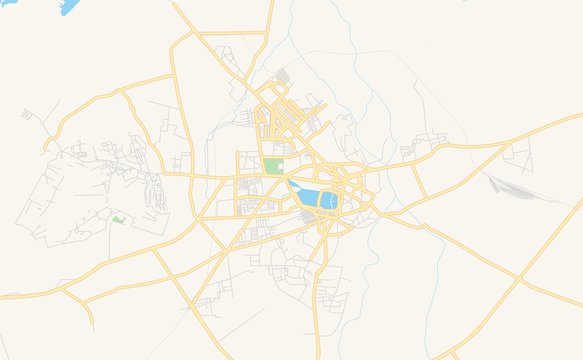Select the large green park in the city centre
[x=273, y=166]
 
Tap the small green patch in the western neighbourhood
[x=118, y=219]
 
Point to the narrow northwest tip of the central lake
[x=291, y=182]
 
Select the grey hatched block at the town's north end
[x=283, y=76]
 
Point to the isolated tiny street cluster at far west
[x=26, y=115]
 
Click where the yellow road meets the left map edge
[x=2, y=296]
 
